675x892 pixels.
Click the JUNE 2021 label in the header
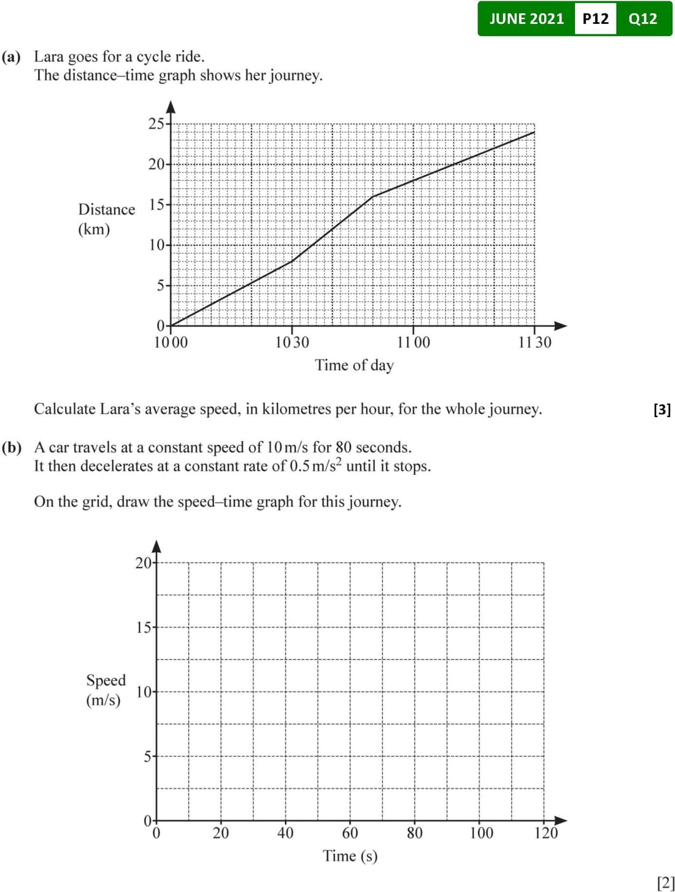click(526, 19)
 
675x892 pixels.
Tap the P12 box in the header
click(595, 19)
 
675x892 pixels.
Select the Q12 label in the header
click(642, 19)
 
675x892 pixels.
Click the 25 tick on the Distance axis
click(156, 123)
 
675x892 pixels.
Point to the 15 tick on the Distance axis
click(156, 204)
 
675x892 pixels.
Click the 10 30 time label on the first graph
click(292, 342)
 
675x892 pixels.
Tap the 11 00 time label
click(414, 342)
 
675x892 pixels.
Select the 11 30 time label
click(534, 342)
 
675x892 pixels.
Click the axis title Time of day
click(354, 365)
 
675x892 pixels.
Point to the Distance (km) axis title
click(106, 219)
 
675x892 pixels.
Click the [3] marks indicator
click(662, 409)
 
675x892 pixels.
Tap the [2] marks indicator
click(665, 883)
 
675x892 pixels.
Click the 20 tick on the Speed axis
click(144, 563)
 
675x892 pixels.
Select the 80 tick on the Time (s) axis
click(415, 833)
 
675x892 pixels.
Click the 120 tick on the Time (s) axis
click(546, 833)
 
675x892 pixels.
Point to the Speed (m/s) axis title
click(105, 690)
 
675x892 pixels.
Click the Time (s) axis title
click(350, 856)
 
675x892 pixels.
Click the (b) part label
click(12, 447)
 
